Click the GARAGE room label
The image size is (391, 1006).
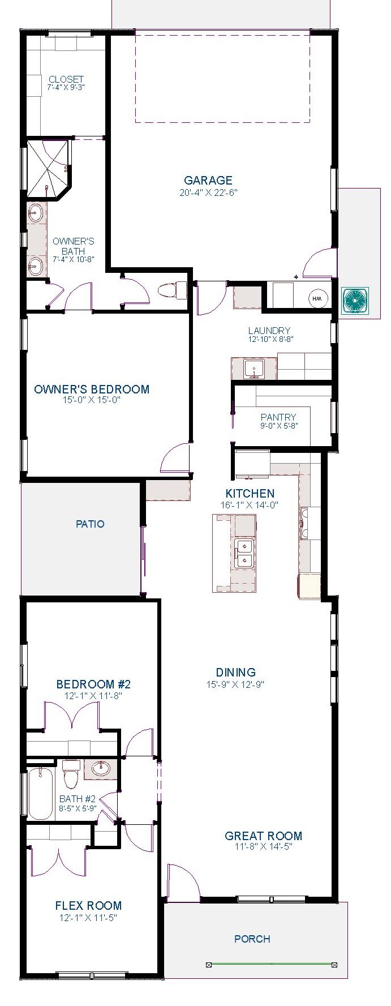(x=208, y=181)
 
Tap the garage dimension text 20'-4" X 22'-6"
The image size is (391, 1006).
(x=208, y=192)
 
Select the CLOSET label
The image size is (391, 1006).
(x=66, y=79)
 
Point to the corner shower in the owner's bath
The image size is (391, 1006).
(x=49, y=168)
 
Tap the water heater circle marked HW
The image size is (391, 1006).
(x=319, y=298)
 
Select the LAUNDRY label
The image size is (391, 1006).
(x=269, y=331)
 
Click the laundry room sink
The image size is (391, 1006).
(x=255, y=369)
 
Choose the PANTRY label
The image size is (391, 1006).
(x=278, y=417)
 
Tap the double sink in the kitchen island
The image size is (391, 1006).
(x=244, y=554)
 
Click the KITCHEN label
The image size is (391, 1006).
(x=250, y=494)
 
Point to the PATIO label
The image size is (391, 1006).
(x=90, y=524)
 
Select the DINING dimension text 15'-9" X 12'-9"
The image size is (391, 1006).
(x=236, y=684)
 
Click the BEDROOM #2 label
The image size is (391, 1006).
(x=93, y=684)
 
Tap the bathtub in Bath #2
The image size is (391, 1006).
(x=40, y=793)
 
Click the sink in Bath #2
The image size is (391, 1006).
(x=101, y=768)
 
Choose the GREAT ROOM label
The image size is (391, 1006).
(x=264, y=836)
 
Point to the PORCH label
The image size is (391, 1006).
(x=252, y=939)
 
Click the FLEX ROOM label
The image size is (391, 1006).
(x=88, y=905)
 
